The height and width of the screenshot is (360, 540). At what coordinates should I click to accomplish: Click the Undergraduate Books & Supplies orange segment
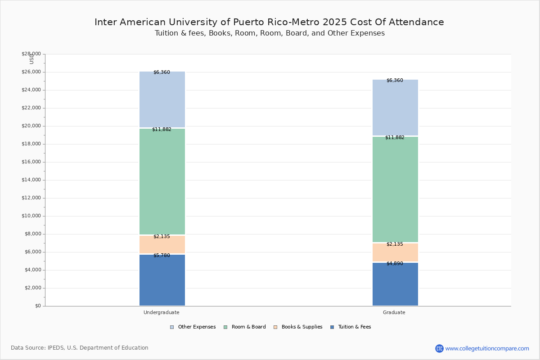tap(162, 245)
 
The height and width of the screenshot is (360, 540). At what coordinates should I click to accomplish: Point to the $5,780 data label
tap(162, 256)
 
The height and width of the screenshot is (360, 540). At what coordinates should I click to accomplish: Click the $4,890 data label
tap(395, 264)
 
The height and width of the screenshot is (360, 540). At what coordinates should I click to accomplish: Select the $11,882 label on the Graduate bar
tap(395, 138)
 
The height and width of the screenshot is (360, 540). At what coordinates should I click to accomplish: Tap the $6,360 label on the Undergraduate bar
tap(162, 72)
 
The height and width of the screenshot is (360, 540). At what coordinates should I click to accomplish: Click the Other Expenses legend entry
tap(193, 327)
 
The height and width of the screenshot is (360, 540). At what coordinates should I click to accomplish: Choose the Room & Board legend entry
tap(245, 327)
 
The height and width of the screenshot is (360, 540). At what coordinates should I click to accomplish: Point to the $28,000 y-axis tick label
tap(31, 54)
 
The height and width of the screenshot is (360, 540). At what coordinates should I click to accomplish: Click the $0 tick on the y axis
tap(37, 306)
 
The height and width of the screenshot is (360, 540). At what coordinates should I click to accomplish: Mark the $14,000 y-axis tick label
tap(31, 180)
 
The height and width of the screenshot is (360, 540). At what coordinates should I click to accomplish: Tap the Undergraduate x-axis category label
tap(162, 312)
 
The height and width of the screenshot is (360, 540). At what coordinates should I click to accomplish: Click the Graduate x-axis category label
tap(394, 312)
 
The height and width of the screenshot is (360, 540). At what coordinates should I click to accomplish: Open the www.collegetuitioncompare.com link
tap(487, 348)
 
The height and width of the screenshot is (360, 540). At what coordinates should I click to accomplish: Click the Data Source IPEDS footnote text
tap(80, 348)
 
